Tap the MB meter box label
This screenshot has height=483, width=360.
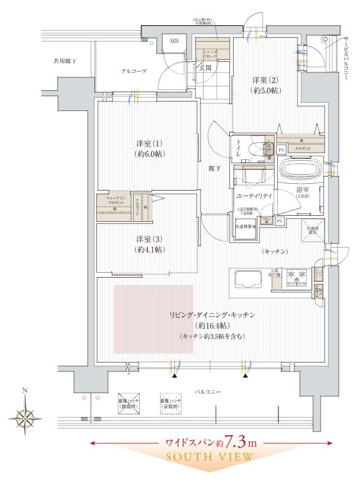174,42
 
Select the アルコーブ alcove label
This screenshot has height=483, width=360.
133,72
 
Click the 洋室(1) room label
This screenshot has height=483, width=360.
149,149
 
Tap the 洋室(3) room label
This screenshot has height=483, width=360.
149,243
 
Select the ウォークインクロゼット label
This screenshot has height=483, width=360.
116,203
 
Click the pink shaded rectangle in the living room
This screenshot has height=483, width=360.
153,318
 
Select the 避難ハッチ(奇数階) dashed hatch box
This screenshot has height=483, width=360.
170,401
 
